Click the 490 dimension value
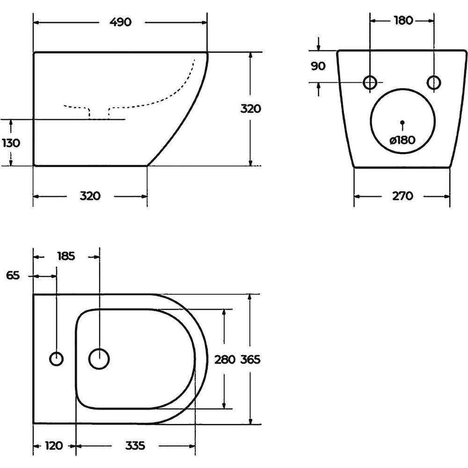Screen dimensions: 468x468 (x=121, y=22)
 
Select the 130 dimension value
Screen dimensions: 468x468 (x=11, y=143)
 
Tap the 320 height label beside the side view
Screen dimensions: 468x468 (x=251, y=109)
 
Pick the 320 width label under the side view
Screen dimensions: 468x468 (x=90, y=196)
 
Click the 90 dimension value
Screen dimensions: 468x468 (x=318, y=66)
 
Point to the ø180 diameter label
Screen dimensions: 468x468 (x=402, y=140)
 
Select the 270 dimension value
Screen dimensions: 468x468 (x=402, y=196)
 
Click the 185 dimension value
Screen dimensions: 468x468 (x=66, y=256)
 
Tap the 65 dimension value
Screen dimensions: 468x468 (x=13, y=276)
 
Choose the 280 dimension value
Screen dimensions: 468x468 (x=225, y=359)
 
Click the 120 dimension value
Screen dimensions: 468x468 (x=54, y=446)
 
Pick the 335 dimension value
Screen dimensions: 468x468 (x=135, y=446)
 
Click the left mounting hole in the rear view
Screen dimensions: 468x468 (x=370, y=82)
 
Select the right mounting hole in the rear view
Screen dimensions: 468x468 (x=434, y=82)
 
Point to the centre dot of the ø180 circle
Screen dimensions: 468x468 (x=402, y=122)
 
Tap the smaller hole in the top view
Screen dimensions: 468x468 (x=56, y=358)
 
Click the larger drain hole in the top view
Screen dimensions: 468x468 (x=99, y=358)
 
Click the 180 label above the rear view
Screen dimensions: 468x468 (x=403, y=21)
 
